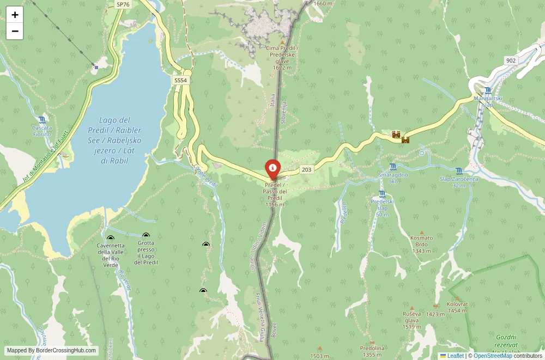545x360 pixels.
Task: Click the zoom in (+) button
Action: tap(15, 15)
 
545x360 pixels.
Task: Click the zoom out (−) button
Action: tap(15, 31)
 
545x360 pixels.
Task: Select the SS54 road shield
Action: tap(180, 80)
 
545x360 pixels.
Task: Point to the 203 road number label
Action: tap(307, 169)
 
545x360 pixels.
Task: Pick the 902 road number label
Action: tap(511, 60)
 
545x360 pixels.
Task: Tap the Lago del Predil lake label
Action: tap(114, 140)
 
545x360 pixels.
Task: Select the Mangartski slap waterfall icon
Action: tap(487, 90)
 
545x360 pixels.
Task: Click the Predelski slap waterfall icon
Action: tap(382, 194)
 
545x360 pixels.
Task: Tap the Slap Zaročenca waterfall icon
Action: tap(459, 171)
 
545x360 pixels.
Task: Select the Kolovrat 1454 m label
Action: tap(457, 307)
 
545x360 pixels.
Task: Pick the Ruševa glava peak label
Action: tap(411, 320)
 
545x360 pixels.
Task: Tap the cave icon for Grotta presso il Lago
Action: tap(146, 235)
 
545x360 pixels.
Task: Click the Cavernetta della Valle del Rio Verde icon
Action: tap(111, 237)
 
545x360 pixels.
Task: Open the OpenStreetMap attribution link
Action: tap(493, 356)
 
